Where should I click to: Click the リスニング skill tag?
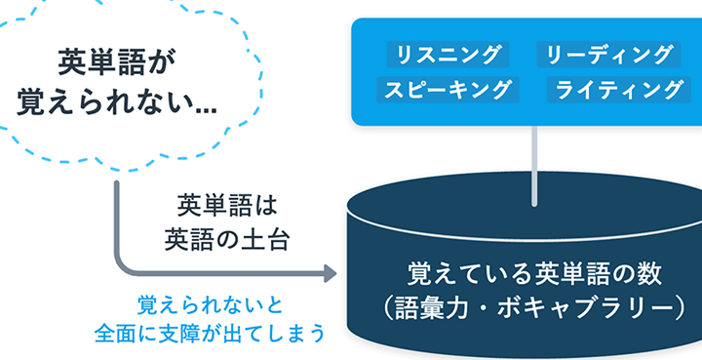448,55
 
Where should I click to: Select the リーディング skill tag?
608,55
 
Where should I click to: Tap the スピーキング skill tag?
448,90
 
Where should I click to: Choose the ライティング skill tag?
619,90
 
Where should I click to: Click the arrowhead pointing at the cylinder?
330,273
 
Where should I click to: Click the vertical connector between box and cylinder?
534,166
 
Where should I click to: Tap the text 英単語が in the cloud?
116,62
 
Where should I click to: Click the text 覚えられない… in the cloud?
117,103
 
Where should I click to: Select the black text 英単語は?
227,205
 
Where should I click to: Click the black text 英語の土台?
226,240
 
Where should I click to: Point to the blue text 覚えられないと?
210,305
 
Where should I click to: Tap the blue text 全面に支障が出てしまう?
210,334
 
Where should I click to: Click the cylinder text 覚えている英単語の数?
534,274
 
